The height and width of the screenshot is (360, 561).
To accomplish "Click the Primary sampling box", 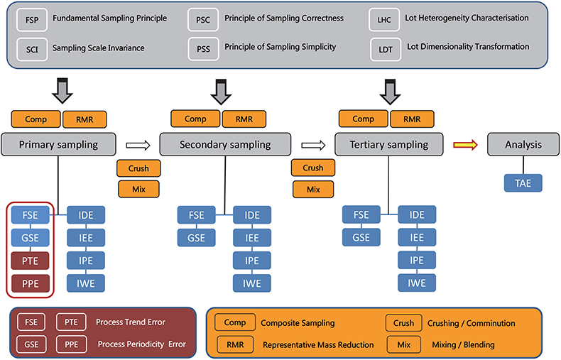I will click(59, 144).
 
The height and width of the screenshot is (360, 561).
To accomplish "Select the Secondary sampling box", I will click(224, 144).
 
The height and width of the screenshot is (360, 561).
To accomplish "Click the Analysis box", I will click(523, 144).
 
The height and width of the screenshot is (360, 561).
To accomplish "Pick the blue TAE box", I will click(523, 184).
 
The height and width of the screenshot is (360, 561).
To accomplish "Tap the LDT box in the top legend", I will click(385, 48).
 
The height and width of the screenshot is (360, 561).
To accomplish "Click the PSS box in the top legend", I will click(202, 48).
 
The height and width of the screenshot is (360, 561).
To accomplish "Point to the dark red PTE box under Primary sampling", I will click(30, 261).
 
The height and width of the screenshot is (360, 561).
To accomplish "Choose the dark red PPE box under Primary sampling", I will click(30, 284).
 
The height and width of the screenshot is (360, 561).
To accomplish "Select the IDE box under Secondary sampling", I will click(251, 215).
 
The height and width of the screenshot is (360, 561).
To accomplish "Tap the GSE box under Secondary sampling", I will click(195, 238).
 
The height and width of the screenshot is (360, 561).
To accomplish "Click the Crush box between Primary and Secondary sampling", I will click(138, 168).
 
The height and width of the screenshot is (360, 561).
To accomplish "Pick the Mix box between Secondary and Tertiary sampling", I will click(313, 190).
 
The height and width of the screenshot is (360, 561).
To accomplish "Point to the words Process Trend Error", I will click(131, 322).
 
